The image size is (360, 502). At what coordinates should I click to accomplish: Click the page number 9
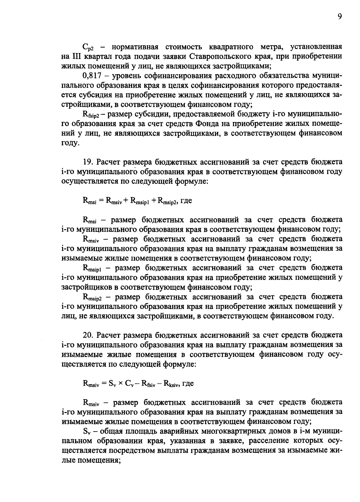pyautogui.click(x=339, y=17)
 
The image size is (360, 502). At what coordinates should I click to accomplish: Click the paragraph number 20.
pyautogui.click(x=87, y=335)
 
